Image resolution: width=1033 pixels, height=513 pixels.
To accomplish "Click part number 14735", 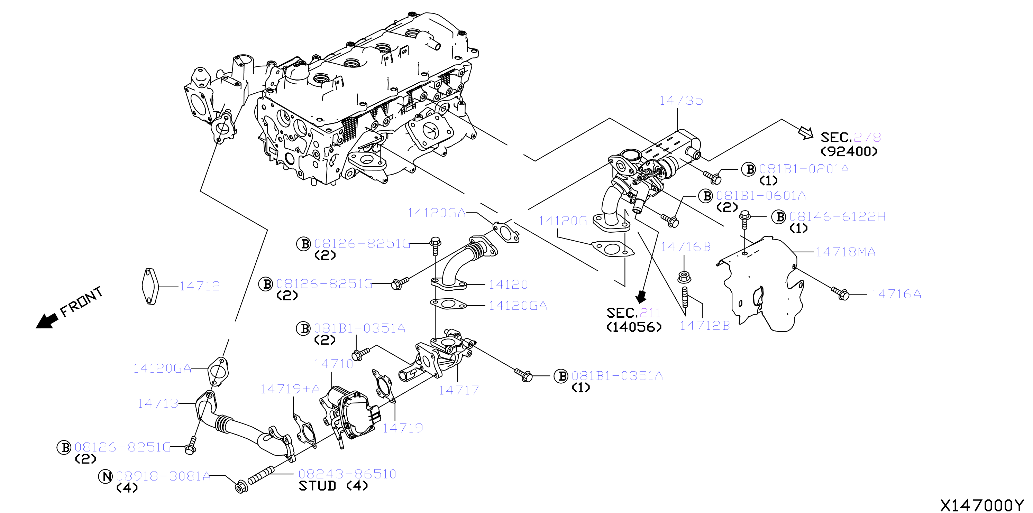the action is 681,100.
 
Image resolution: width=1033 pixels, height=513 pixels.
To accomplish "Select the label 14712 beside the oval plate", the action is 199,286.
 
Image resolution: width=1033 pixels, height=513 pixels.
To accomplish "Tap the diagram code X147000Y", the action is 982,505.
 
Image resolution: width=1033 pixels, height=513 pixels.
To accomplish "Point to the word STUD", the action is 317,486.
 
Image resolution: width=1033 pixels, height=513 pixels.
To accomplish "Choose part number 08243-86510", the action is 347,474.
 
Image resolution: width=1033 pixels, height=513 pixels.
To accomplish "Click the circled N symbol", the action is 106,476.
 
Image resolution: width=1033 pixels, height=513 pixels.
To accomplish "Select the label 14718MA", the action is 845,252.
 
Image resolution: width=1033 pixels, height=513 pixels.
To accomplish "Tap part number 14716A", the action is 896,294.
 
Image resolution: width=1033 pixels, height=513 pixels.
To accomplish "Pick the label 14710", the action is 333,364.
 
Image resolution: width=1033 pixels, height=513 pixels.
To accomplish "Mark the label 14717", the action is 458,390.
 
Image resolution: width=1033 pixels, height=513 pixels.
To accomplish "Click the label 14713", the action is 158,403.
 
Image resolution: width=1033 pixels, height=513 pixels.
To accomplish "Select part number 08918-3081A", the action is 163,476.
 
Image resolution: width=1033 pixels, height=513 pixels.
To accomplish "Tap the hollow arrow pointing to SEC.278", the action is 805,133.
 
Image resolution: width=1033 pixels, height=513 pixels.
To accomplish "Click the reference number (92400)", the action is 849,151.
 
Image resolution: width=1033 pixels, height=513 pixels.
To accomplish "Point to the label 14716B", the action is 685,247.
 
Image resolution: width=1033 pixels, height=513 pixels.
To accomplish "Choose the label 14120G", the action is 563,221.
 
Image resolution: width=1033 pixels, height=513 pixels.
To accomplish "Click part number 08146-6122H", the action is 837,216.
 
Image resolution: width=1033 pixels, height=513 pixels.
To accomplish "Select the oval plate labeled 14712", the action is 150,286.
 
